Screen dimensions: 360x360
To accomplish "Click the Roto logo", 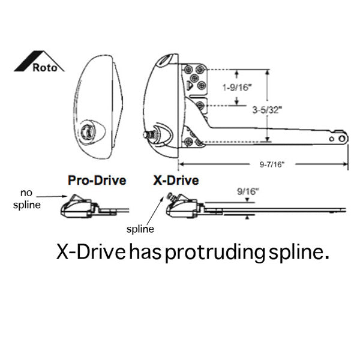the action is [39, 62].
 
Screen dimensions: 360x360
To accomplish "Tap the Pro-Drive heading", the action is [97, 181].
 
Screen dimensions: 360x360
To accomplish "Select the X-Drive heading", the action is [176, 181].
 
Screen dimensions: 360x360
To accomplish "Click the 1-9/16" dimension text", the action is [237, 87].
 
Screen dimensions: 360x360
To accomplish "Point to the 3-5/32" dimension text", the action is [267, 110].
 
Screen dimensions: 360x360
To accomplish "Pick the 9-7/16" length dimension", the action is [272, 164].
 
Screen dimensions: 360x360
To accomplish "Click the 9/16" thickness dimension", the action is [248, 191].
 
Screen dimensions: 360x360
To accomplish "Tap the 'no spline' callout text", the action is [27, 199].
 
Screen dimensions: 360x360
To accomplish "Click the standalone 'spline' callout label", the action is [140, 229].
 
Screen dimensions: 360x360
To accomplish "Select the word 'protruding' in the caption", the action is [215, 253].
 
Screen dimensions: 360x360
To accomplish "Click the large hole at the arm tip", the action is [342, 139].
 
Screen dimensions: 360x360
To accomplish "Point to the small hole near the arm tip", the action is [332, 139].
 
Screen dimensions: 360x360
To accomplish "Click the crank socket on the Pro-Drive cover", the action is [87, 131].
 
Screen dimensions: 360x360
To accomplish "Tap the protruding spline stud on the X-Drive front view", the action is [149, 134].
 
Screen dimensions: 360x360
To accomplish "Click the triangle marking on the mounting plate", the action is [190, 85].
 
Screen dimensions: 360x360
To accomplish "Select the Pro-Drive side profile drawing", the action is [95, 206].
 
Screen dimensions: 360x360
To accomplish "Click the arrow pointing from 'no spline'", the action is [52, 196].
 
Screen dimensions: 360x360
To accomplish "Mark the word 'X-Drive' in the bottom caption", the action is [91, 252].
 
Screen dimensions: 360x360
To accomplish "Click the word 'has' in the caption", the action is [145, 252].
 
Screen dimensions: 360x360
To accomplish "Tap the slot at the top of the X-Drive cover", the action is [166, 59].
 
